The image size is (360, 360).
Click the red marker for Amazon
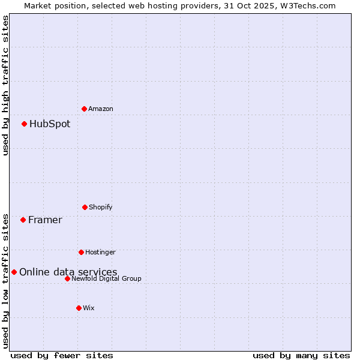[x=84, y=109]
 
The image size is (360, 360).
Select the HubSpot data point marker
[x=24, y=124]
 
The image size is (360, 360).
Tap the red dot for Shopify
[x=85, y=207]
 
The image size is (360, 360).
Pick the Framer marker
[x=23, y=220]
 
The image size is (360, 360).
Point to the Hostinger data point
[x=81, y=252]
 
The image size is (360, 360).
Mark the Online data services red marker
[x=14, y=272]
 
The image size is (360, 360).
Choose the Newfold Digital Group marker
[x=67, y=278]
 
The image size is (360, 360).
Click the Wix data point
[x=79, y=308]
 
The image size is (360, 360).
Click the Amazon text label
[x=101, y=109]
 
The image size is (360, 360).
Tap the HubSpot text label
[x=50, y=124]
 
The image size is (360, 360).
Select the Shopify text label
[x=101, y=207]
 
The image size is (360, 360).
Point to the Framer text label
[x=45, y=220]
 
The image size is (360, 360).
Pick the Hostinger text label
[x=100, y=252]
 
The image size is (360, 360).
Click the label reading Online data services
[x=68, y=272]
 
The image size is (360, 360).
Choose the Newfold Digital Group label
[x=107, y=278]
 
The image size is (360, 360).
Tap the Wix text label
[x=89, y=308]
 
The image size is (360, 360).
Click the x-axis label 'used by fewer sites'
[x=62, y=355]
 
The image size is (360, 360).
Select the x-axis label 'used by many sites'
[x=301, y=355]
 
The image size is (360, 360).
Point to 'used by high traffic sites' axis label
[x=6, y=85]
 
